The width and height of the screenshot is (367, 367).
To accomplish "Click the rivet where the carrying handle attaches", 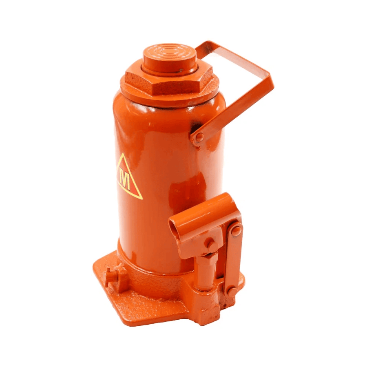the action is pyautogui.click(x=199, y=137).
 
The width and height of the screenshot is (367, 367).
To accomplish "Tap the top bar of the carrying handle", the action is pyautogui.click(x=234, y=58).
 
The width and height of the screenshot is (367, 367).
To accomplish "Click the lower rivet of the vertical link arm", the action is pyautogui.click(x=232, y=292).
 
